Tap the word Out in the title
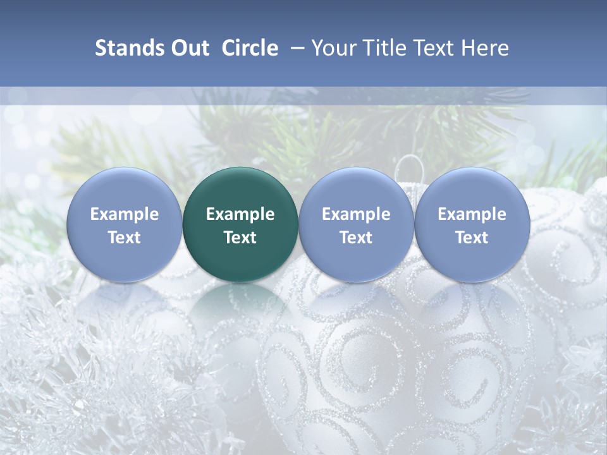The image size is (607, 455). click(x=188, y=48)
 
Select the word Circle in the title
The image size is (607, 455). click(x=250, y=48)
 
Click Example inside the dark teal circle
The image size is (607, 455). click(x=240, y=214)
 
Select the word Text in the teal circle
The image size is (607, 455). click(x=240, y=238)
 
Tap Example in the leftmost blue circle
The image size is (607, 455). click(x=125, y=214)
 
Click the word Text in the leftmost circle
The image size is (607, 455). click(x=125, y=238)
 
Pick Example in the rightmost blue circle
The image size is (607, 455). click(x=472, y=214)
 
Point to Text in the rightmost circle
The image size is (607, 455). click(x=472, y=238)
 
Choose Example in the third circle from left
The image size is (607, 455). click(x=356, y=214)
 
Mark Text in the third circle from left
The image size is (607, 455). click(x=356, y=238)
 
